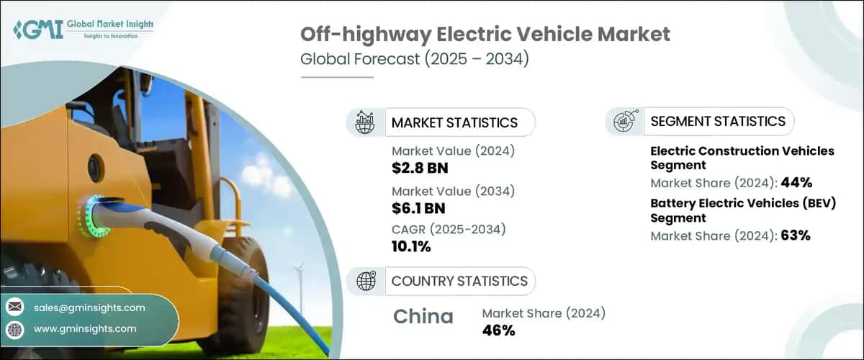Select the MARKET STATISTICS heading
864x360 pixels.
454,122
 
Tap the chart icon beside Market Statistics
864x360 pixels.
365,122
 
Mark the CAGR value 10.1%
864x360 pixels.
411,246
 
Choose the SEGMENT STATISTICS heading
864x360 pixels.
718,121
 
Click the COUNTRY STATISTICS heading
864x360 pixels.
459,281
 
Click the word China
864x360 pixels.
423,317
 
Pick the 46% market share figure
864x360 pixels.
498,330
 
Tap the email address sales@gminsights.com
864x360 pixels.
89,307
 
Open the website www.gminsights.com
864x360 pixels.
84,328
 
